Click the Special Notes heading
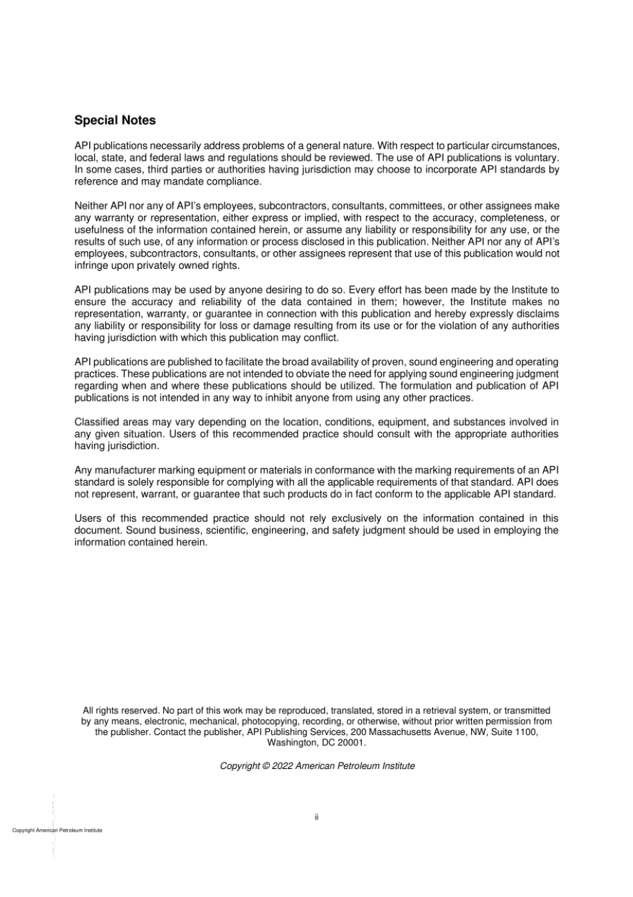tap(115, 121)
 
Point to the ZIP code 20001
tap(352, 742)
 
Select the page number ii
tap(316, 816)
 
